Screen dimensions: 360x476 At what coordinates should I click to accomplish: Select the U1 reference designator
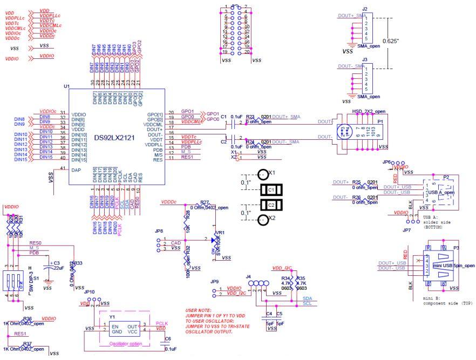[67, 86]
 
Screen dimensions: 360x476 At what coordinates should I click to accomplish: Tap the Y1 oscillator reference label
[112, 317]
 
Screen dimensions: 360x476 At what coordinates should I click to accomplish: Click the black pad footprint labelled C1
[271, 190]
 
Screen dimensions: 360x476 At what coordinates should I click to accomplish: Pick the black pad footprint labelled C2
[271, 205]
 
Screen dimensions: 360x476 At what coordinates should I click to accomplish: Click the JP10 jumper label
[89, 292]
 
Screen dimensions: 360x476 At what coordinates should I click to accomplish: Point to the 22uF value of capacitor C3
[58, 268]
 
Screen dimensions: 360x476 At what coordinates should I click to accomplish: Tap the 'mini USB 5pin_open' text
[453, 266]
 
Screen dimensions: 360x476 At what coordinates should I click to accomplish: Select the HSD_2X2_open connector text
[369, 111]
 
